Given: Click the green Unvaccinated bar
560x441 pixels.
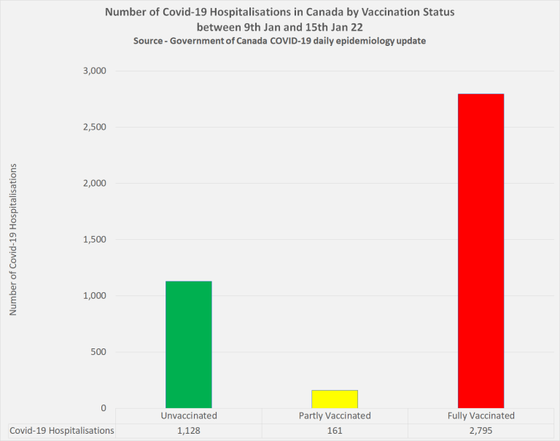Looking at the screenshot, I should pos(188,344).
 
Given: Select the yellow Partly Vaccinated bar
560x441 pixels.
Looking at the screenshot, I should pos(335,399).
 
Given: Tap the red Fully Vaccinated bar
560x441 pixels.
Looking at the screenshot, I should pos(481,251).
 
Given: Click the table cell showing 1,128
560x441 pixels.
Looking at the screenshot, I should pos(189,431).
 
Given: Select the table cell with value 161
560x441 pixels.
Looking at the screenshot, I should pos(335,431).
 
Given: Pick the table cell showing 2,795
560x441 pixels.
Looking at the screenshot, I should pos(481,431).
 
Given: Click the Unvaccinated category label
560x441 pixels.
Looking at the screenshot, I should pos(189,416).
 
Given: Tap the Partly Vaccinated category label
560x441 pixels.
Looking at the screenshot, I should pos(335,416).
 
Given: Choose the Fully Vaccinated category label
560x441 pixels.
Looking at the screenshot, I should pos(481,416).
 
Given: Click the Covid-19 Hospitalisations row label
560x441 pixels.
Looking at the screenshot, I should pos(62,431).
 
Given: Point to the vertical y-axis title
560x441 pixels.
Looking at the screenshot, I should pos(13,240).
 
